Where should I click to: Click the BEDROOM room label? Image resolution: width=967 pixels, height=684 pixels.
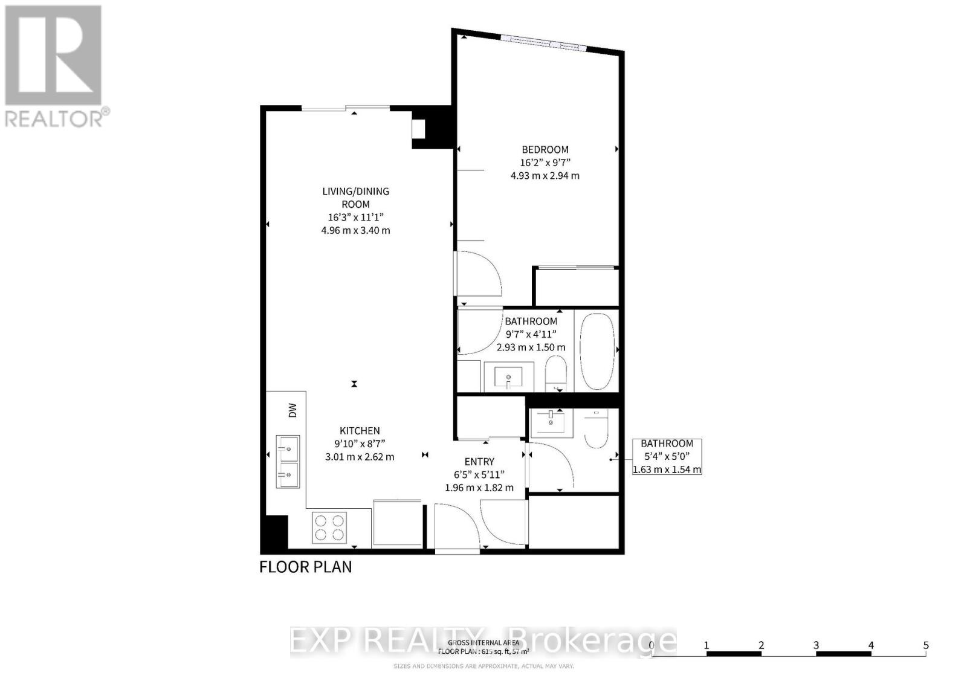(x=545, y=149)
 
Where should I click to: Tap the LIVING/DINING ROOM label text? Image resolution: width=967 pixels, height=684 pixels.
(x=355, y=198)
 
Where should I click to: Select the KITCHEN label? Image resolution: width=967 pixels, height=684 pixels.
(x=360, y=431)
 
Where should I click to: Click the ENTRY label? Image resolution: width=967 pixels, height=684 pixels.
(x=479, y=462)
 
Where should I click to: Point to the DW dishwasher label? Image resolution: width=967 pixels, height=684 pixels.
(x=293, y=411)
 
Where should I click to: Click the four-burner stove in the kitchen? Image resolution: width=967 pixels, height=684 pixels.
(x=329, y=528)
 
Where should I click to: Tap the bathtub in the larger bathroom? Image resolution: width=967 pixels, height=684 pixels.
(x=597, y=351)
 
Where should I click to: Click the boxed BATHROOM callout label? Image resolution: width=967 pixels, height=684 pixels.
(x=667, y=444)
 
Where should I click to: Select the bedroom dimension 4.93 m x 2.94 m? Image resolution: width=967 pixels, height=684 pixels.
(x=545, y=176)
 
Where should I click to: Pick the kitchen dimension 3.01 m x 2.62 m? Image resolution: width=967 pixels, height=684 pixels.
(x=360, y=457)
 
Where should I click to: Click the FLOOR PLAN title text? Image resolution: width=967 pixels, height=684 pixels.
(x=305, y=567)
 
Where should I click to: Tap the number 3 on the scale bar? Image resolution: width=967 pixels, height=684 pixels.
(x=816, y=645)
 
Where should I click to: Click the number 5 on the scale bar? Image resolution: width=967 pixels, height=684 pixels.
(x=926, y=645)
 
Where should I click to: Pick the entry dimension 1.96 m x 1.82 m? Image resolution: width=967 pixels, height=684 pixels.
(x=479, y=488)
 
